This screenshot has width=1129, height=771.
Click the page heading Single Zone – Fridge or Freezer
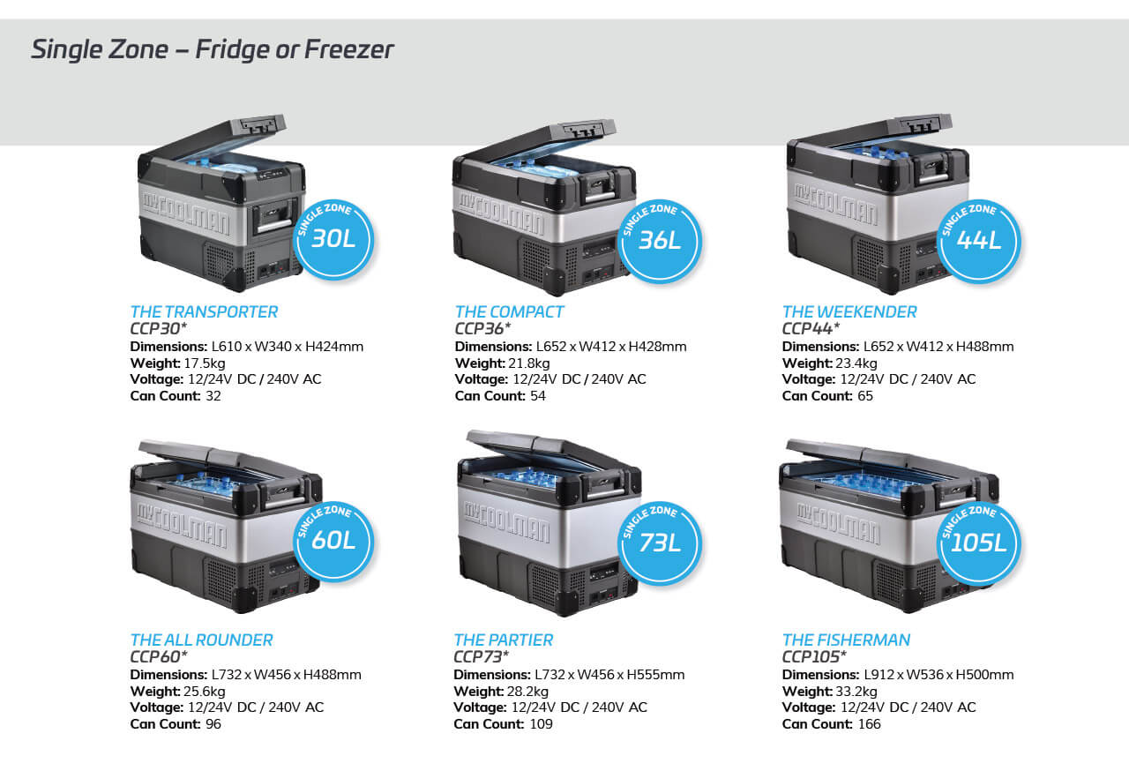[213, 49]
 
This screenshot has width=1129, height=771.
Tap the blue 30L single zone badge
[333, 239]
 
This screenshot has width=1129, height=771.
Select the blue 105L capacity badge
[978, 543]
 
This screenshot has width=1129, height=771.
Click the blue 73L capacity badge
[659, 543]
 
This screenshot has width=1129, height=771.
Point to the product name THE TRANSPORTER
[204, 312]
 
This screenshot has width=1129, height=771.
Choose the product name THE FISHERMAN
[846, 640]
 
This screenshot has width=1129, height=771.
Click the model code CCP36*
[482, 328]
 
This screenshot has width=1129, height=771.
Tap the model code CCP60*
[159, 656]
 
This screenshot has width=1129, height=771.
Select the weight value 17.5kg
[205, 363]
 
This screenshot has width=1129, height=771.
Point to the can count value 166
[870, 724]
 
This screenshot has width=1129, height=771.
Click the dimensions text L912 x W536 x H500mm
[939, 675]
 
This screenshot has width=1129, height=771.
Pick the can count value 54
[538, 396]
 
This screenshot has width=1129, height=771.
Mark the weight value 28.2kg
[527, 692]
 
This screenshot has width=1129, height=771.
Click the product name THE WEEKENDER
[849, 312]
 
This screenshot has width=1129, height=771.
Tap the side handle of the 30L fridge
[274, 216]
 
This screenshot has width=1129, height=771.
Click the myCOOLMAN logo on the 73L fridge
[506, 522]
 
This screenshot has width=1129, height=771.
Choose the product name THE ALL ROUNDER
[202, 640]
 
